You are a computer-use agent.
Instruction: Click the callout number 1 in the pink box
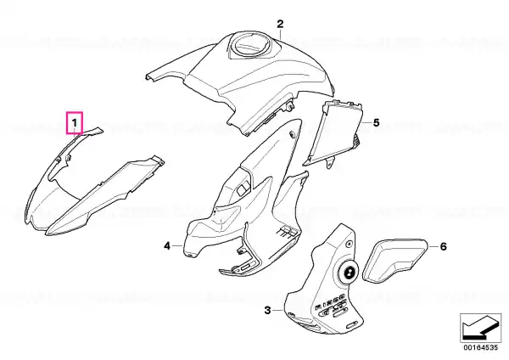point(75,123)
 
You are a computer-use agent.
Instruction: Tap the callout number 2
point(280,24)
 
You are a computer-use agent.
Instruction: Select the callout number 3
point(267,310)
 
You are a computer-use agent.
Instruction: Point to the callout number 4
point(167,246)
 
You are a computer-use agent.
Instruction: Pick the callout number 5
point(376,123)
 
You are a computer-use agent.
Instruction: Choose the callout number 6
point(443,246)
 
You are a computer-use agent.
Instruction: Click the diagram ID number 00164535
point(481,347)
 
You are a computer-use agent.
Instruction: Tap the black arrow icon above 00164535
point(481,328)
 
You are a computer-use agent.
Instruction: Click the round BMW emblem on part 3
point(349,272)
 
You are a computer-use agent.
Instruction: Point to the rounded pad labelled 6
point(394,261)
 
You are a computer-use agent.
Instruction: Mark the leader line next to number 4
point(177,246)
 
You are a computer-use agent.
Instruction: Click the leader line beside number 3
point(278,311)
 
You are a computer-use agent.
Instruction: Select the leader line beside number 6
point(433,246)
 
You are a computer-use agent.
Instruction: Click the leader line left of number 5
point(366,123)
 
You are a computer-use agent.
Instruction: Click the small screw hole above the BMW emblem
point(349,244)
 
